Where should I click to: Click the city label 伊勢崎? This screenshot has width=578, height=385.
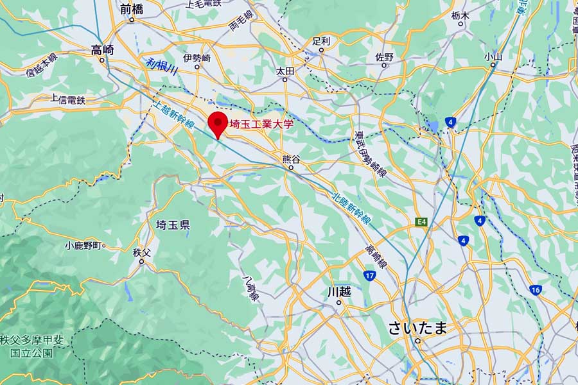point(197,58)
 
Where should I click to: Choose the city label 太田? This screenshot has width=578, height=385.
point(285,70)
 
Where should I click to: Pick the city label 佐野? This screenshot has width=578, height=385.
point(384,56)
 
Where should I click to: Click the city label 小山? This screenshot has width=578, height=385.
point(493,56)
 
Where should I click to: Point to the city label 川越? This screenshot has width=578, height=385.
point(339,291)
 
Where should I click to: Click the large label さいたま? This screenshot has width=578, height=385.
point(417,329)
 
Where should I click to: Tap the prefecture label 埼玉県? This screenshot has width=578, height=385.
point(173,225)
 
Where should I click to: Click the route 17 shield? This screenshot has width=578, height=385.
point(369,276)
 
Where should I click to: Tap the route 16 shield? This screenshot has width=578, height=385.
point(536,290)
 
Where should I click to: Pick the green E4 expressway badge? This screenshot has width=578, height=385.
point(421,222)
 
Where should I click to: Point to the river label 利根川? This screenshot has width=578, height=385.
point(161,67)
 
